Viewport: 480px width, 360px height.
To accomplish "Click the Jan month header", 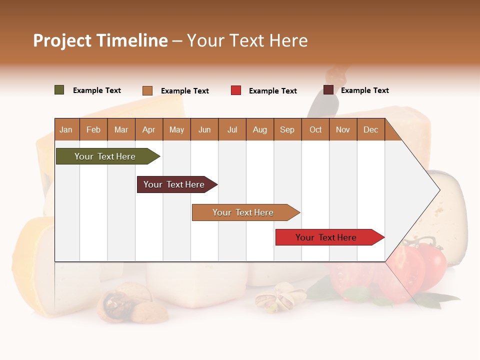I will coord(66,130).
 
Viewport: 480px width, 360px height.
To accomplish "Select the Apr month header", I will coord(148,130).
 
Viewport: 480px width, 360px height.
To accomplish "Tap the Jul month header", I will coord(232,130).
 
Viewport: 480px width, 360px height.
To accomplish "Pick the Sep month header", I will coord(287,130).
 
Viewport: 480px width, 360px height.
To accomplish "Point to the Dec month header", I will coord(370,130).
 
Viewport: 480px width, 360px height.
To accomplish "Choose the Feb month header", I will coord(93,130).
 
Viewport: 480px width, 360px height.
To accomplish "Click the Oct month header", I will coord(315,130).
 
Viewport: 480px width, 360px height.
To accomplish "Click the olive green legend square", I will coord(59,90).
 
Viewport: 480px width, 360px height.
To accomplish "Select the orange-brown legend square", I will coord(147,90).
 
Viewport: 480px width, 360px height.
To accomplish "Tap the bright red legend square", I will coord(236,90).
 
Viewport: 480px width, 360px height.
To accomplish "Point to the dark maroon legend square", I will coord(328,90).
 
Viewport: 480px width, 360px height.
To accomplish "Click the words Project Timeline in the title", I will coord(100,40).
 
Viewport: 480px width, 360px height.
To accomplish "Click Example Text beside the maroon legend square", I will coord(364,90).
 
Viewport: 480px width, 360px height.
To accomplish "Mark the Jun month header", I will coord(204,130).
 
